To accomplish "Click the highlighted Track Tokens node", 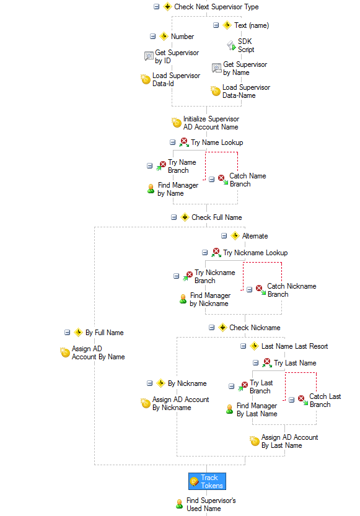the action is pyautogui.click(x=207, y=481).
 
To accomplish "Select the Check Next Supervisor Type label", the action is pyautogui.click(x=216, y=7).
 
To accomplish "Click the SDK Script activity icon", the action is pyautogui.click(x=232, y=45).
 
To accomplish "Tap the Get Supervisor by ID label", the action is pyautogui.click(x=177, y=56).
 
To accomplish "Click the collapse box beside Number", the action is pyautogui.click(x=152, y=36).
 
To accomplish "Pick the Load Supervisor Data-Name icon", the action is pyautogui.click(x=216, y=91).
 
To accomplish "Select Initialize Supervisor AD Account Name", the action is pyautogui.click(x=211, y=123).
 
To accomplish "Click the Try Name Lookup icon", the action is pyautogui.click(x=184, y=142).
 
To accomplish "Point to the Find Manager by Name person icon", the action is pyautogui.click(x=151, y=189).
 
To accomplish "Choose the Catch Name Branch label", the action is pyautogui.click(x=247, y=180).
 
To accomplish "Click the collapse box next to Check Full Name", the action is pyautogui.click(x=173, y=217).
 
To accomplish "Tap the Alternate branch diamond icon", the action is pyautogui.click(x=235, y=235).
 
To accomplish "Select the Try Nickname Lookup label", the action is pyautogui.click(x=255, y=252).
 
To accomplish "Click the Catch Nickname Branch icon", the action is pyautogui.click(x=261, y=290).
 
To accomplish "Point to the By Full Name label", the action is pyautogui.click(x=104, y=333).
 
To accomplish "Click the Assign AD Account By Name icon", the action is pyautogui.click(x=65, y=352).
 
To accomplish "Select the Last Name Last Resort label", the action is pyautogui.click(x=294, y=346).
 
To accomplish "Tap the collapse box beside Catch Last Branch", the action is pyautogui.click(x=292, y=400).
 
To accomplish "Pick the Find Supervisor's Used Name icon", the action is pyautogui.click(x=179, y=504).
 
